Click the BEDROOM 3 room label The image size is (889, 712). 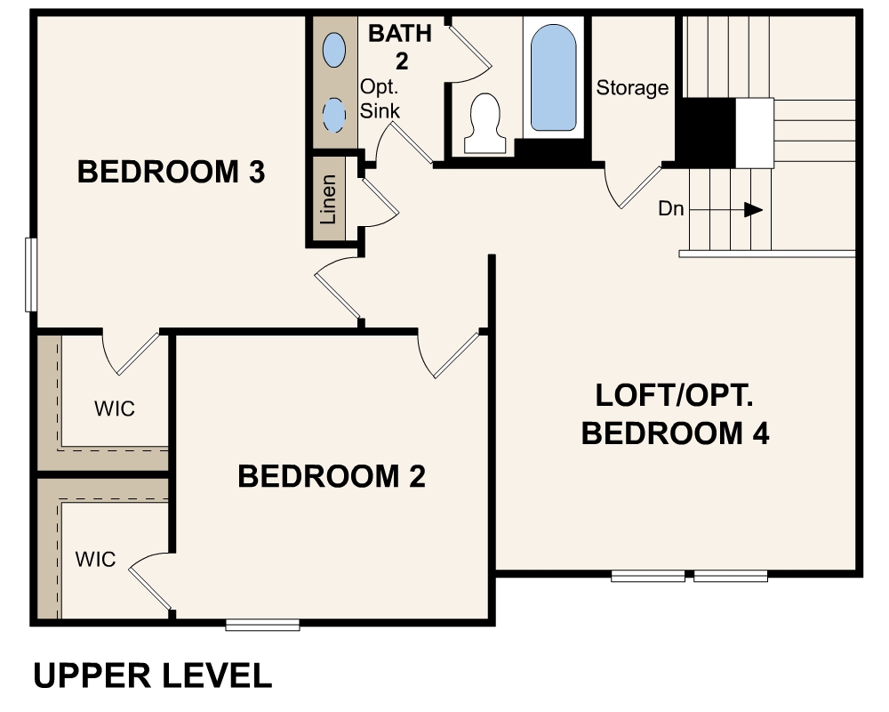tap(172, 172)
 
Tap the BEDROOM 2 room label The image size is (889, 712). tap(332, 476)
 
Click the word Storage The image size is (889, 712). tap(632, 88)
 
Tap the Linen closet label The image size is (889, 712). tap(328, 199)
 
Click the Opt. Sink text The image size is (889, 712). tap(380, 99)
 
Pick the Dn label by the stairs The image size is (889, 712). tap(670, 210)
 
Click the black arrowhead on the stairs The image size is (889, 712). tap(753, 210)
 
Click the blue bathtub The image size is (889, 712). tap(553, 78)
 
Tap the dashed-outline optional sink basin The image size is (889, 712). tap(334, 115)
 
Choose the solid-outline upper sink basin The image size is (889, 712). tap(334, 49)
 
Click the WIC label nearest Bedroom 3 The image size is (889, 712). tap(115, 409)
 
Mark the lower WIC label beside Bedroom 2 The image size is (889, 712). tap(95, 560)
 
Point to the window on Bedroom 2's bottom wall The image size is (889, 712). tap(262, 625)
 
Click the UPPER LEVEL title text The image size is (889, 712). tap(152, 676)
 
